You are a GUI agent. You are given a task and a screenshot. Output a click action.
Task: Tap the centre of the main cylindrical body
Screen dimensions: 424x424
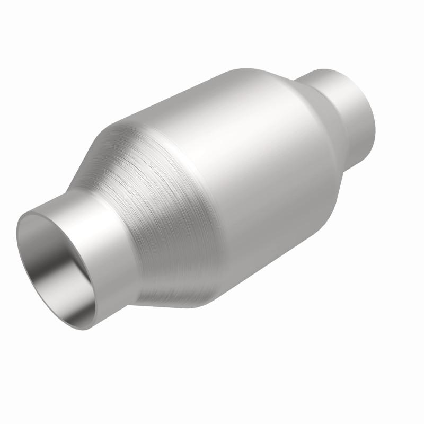tap(238, 180)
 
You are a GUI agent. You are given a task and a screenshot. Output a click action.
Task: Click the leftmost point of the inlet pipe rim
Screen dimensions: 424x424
tap(17, 233)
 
